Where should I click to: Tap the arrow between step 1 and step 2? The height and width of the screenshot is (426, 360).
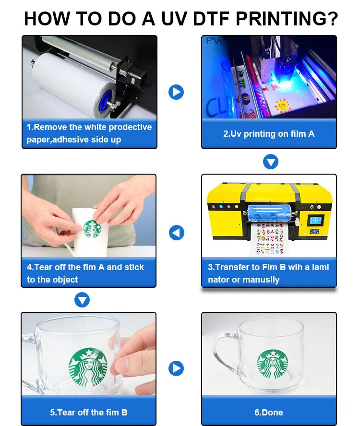click(176, 92)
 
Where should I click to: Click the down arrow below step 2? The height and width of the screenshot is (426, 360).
click(271, 162)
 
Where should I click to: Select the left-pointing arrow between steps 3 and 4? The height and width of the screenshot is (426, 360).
click(177, 233)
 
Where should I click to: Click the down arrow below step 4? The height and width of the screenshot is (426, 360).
click(83, 300)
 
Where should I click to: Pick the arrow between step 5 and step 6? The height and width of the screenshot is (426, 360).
click(176, 368)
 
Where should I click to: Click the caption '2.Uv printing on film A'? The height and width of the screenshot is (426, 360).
click(269, 134)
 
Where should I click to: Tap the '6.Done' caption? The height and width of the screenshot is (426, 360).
click(269, 412)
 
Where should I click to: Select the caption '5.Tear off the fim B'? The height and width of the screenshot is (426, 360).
click(89, 412)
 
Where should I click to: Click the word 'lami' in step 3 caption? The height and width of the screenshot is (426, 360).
click(320, 267)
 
